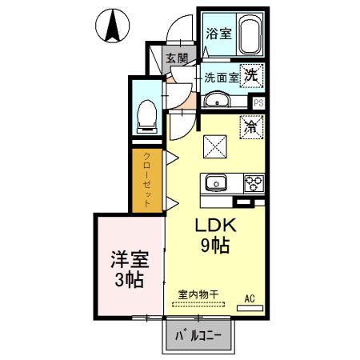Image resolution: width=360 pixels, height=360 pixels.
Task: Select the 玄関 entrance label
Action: pos(177,58)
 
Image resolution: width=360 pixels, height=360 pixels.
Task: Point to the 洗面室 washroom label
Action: pos(220,78)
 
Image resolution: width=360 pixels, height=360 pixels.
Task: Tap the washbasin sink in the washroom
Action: pos(218,100)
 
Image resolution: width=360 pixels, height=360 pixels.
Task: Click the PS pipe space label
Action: pos(258,102)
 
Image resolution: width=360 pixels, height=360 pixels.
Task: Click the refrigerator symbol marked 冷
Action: pos(251,126)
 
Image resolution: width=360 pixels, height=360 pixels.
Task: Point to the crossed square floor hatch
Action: pos(215,146)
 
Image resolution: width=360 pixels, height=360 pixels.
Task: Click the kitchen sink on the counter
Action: pos(215,183)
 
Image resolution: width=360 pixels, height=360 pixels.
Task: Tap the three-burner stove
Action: pos(253,182)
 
